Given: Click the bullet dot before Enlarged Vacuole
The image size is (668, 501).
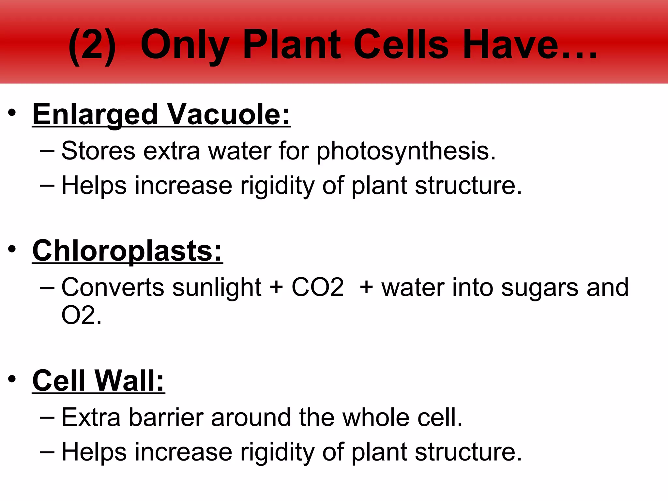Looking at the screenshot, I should pos(12,113).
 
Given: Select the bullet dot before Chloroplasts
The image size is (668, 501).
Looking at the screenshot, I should pos(12,249).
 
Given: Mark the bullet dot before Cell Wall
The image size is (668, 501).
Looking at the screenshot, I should pos(12,379).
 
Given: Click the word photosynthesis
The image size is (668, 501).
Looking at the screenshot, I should pos(406,151).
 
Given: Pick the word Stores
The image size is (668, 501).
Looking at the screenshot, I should pos(98,151).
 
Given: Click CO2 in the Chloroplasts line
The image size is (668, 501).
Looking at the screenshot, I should pos(317,287).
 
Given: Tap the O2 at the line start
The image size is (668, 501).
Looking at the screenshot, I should pos(78,315).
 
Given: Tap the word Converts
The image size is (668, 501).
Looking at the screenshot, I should pos(113,287).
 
